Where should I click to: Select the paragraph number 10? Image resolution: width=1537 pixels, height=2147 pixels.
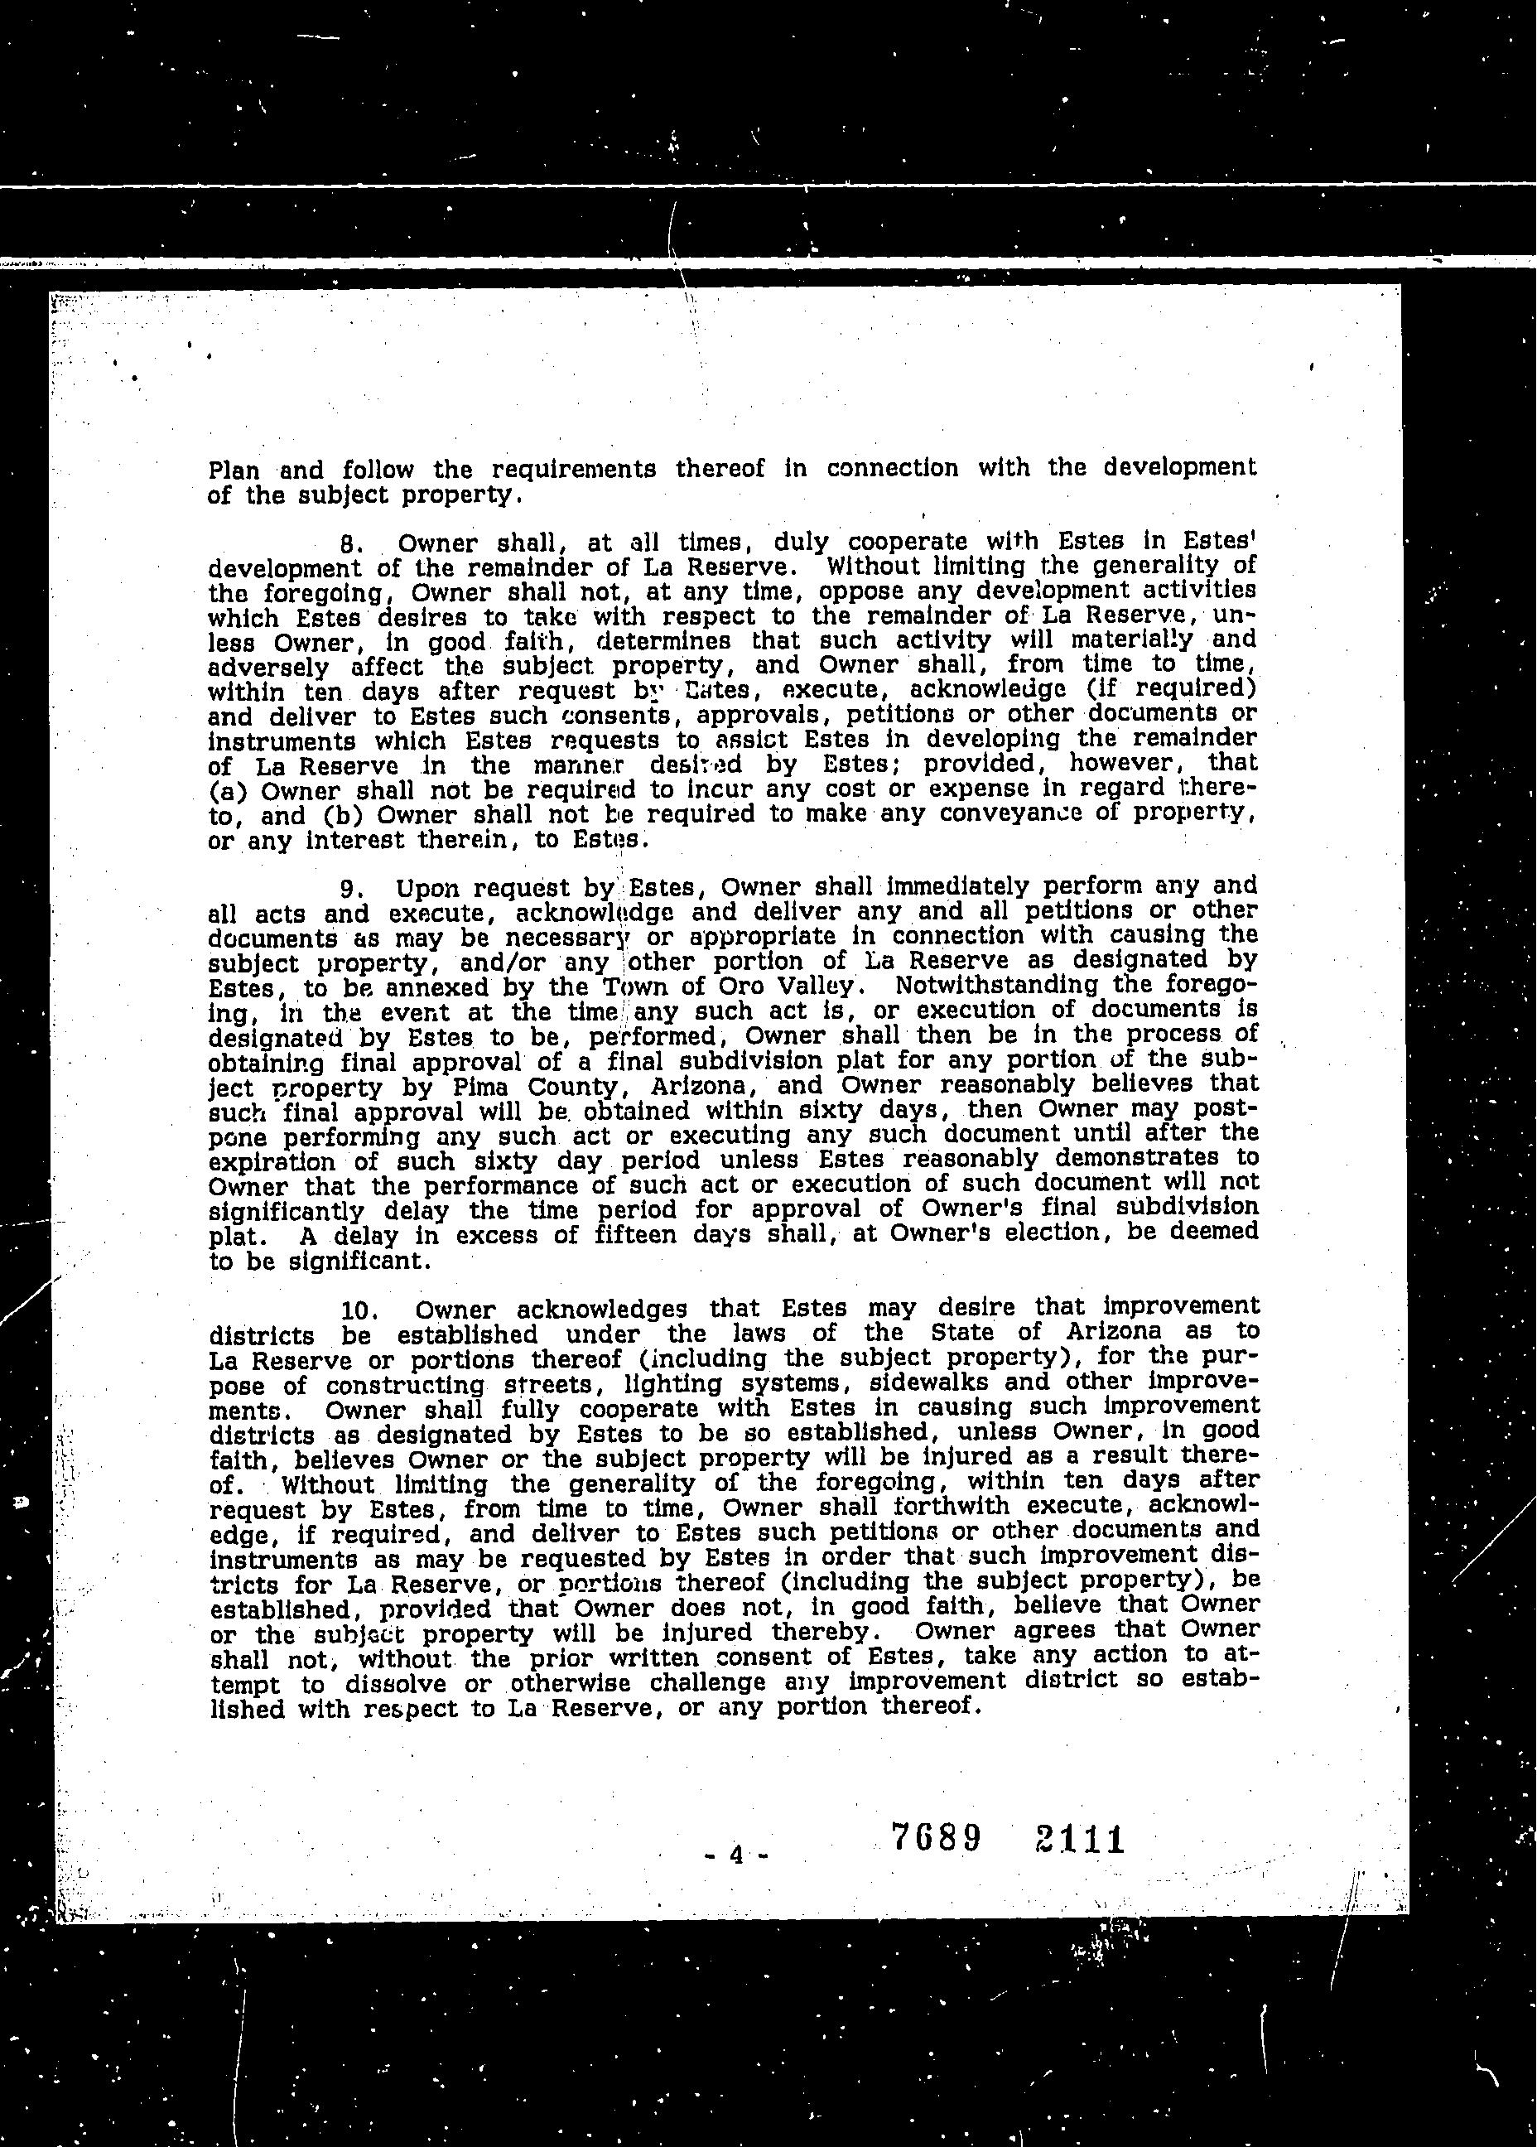[359, 1311]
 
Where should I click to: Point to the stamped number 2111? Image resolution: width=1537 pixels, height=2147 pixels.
[1078, 1840]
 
